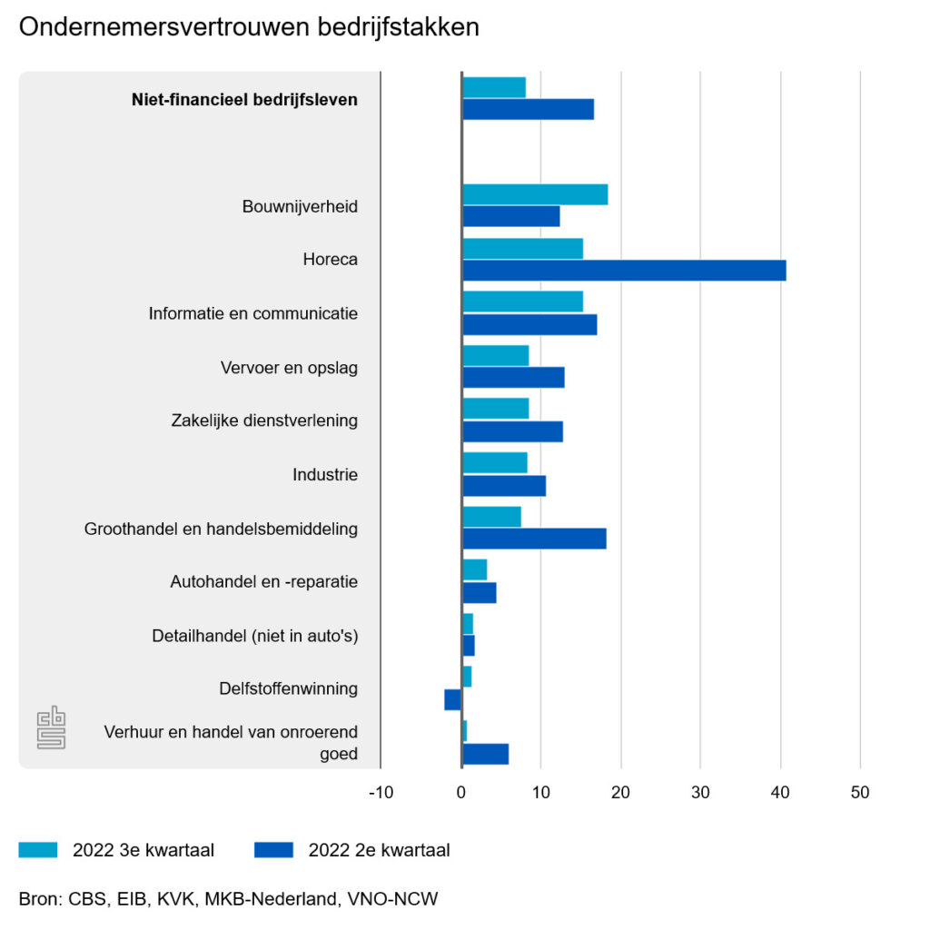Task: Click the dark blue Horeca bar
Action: click(x=624, y=271)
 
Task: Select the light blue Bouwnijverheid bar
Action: click(x=535, y=194)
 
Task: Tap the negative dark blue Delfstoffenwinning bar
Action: click(x=452, y=699)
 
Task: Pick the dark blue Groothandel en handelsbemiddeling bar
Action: click(x=534, y=539)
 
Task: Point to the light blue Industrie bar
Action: click(x=494, y=463)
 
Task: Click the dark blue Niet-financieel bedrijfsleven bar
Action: click(x=528, y=109)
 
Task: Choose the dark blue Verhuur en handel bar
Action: click(x=485, y=754)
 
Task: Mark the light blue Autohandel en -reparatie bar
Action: click(x=474, y=570)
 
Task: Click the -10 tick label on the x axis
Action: click(x=381, y=793)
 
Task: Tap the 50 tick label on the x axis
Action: click(x=859, y=793)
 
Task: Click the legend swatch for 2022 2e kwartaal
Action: click(x=274, y=850)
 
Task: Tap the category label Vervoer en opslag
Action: click(x=289, y=368)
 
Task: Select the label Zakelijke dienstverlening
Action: click(x=264, y=420)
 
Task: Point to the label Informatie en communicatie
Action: click(x=253, y=313)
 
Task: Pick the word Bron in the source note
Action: click(x=37, y=899)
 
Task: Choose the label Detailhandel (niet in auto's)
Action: click(x=254, y=636)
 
